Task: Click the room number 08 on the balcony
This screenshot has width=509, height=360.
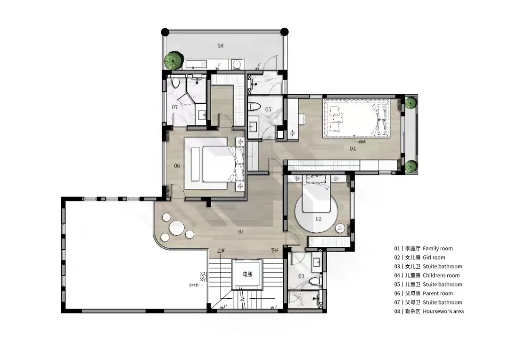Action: (220, 46)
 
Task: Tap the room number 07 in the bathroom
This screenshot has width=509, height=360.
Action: (174, 107)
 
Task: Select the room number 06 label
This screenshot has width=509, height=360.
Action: (177, 166)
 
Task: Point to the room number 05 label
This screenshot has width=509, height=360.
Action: (268, 110)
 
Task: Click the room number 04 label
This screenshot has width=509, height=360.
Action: (353, 149)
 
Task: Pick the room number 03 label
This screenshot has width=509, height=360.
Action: (301, 276)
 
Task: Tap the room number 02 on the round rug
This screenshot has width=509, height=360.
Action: (318, 219)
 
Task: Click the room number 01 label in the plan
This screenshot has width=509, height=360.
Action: (241, 231)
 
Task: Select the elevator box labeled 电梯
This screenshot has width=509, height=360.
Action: (246, 274)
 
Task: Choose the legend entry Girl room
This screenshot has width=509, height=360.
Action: (434, 257)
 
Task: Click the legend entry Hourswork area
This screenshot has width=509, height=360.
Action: (443, 311)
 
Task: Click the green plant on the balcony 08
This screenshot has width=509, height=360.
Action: (173, 60)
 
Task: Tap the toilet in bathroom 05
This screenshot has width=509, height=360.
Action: (255, 106)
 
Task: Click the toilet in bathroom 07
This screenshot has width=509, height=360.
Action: (176, 83)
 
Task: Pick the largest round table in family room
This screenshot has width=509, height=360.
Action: (177, 229)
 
